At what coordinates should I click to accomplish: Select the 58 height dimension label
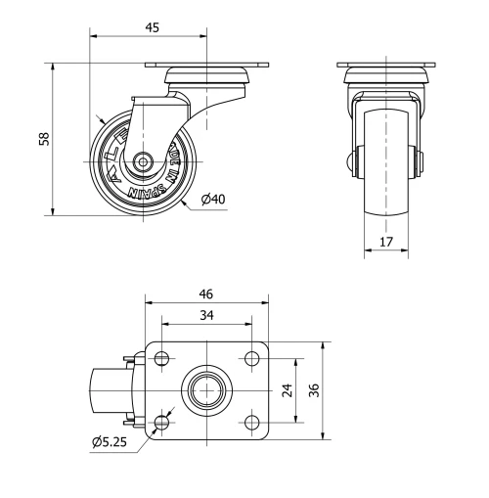[x=43, y=139]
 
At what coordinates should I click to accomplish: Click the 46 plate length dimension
[x=206, y=294]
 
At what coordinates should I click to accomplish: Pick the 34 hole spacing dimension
[x=206, y=315]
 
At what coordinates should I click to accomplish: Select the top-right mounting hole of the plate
[x=252, y=357]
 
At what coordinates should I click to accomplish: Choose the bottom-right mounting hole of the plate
[x=252, y=422]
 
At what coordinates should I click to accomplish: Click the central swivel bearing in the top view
[x=207, y=389]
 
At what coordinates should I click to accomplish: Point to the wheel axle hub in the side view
[x=145, y=162]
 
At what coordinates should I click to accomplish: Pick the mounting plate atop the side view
[x=205, y=67]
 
